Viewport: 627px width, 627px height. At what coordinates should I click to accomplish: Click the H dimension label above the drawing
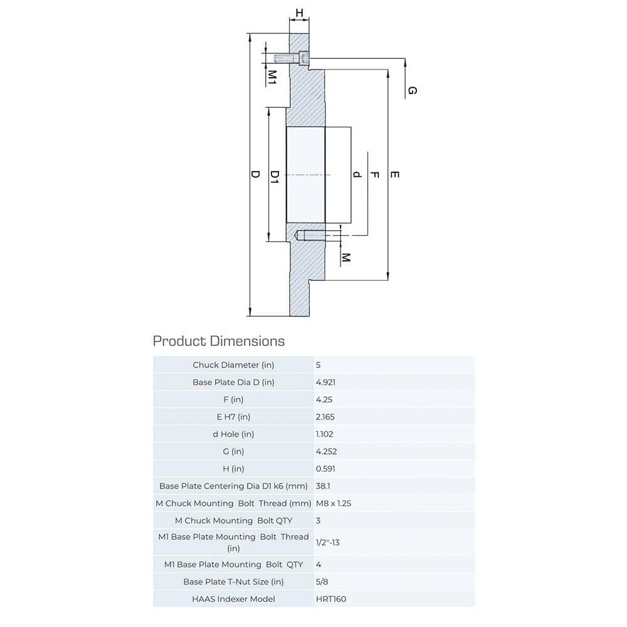[299, 13]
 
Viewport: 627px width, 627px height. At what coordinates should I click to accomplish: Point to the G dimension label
[412, 91]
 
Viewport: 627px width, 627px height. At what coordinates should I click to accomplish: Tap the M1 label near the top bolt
[273, 76]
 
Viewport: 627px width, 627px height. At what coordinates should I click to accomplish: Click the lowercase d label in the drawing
[357, 174]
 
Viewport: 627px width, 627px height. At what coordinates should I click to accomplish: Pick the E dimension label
[394, 175]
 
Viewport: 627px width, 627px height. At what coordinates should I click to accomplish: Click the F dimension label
[375, 175]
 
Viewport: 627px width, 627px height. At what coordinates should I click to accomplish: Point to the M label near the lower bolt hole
[345, 257]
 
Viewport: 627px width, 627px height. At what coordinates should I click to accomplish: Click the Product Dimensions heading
[219, 341]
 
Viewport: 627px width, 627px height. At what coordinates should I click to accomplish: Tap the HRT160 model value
[330, 599]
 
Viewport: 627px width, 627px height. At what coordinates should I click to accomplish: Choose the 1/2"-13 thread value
[327, 542]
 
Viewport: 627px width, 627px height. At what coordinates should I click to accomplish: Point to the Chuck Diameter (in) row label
[233, 365]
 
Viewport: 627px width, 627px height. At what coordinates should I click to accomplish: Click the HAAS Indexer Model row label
[233, 599]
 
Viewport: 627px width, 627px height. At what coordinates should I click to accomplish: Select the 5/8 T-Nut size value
[322, 582]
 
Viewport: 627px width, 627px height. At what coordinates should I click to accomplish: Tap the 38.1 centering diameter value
[323, 486]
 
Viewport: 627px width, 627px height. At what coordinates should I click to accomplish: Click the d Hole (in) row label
[233, 434]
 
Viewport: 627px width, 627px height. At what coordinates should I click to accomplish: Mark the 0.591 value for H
[325, 468]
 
